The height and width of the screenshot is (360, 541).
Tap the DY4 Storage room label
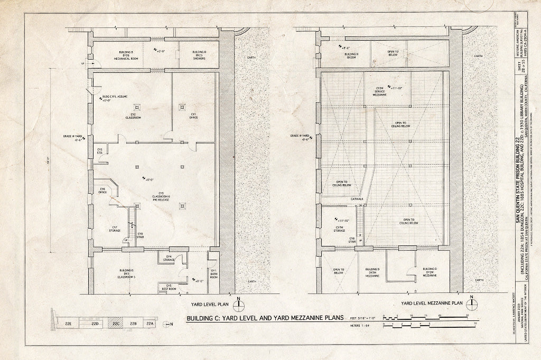[169, 258]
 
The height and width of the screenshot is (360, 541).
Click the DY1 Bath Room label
[214, 274]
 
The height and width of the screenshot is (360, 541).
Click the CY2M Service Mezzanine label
[380, 91]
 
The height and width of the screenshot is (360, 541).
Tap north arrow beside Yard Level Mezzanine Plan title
[473, 303]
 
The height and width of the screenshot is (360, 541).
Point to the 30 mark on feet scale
[467, 316]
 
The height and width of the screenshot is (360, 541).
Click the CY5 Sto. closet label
[99, 151]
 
